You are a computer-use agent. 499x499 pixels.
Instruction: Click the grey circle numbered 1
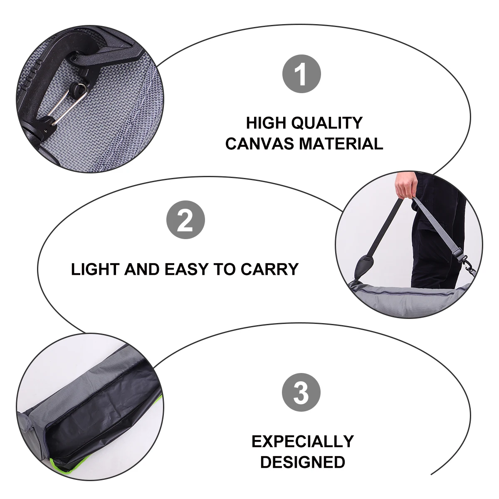tap(302, 74)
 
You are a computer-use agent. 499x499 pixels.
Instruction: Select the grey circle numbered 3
tap(301, 393)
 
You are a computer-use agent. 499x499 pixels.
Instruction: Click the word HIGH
tap(267, 123)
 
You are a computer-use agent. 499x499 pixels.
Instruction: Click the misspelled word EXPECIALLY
tap(302, 441)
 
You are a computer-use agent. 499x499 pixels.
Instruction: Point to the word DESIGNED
tap(302, 462)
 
